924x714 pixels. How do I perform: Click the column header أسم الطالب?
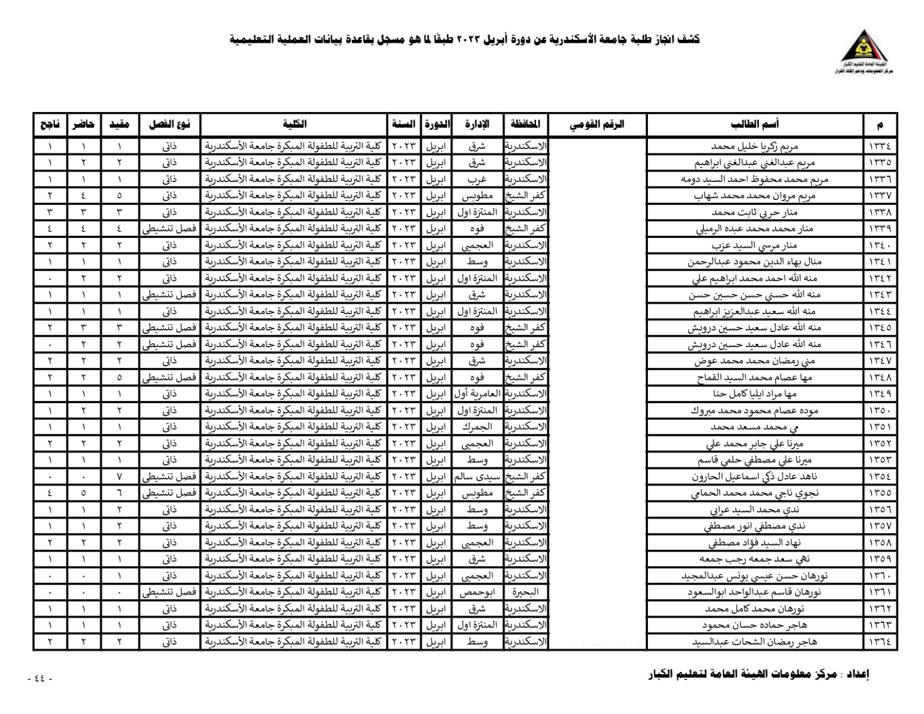[755, 124]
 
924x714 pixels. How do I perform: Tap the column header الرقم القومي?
[597, 124]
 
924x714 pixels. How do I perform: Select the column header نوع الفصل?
[169, 124]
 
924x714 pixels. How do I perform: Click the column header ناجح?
[50, 124]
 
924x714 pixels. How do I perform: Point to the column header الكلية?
[295, 124]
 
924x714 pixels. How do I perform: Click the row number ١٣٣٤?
[880, 146]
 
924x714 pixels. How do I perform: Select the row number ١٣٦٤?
[880, 641]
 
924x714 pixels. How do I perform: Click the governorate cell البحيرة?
[526, 592]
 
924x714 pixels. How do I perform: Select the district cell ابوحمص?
[476, 592]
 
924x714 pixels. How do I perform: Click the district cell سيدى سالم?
[476, 477]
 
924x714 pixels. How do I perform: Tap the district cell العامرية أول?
[476, 394]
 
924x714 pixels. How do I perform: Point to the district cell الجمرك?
[476, 427]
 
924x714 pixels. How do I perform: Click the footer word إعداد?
[856, 674]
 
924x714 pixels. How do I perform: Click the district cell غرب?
[476, 179]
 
